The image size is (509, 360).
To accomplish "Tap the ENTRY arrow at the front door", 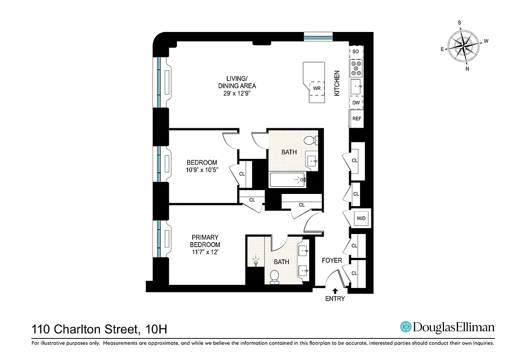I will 334,291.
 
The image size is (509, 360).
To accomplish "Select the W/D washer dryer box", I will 361,219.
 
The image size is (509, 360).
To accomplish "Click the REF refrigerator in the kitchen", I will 356,119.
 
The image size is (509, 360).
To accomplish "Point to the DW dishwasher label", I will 356,103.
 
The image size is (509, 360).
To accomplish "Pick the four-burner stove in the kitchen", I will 356,68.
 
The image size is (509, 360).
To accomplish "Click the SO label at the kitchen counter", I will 356,51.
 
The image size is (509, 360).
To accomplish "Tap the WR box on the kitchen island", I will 317,88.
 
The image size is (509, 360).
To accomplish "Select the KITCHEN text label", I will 337,83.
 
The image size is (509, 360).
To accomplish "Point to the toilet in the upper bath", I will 311,140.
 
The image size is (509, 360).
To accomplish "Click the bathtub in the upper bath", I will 287,180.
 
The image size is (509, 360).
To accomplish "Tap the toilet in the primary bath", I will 274,277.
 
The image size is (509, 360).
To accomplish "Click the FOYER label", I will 332,260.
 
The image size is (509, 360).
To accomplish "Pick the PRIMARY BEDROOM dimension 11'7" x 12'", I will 205,252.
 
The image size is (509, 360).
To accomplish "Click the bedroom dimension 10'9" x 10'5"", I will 202,170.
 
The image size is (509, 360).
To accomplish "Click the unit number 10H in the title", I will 157,329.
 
